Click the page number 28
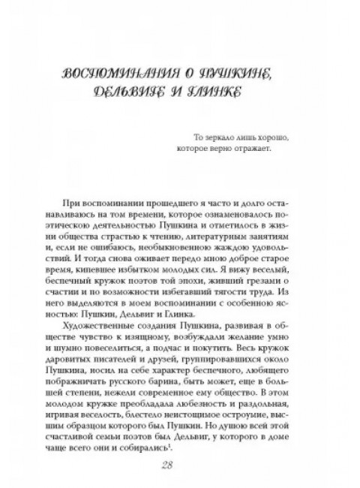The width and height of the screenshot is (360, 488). click(x=181, y=467)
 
